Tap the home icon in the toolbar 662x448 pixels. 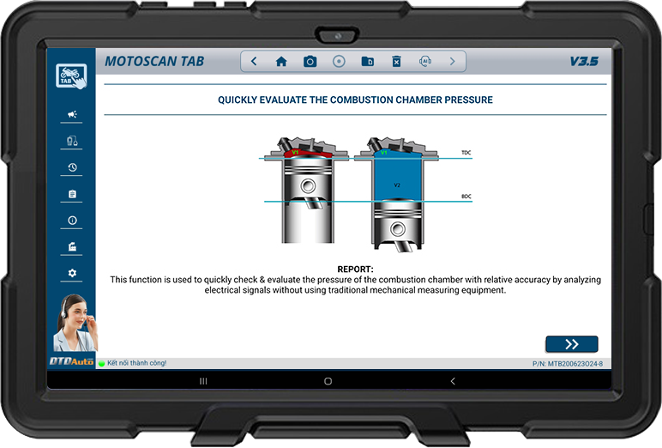[x=281, y=62]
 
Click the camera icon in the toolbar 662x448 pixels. [x=310, y=62]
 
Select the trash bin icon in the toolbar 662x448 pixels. [x=396, y=62]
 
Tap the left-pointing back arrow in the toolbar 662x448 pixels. [x=254, y=61]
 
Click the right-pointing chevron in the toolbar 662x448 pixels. [x=452, y=61]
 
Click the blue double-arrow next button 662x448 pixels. [x=572, y=344]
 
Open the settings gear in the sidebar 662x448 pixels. [x=72, y=273]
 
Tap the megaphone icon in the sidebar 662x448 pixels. [x=72, y=114]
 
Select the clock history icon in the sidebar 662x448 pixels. [x=72, y=167]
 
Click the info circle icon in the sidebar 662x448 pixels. [x=72, y=221]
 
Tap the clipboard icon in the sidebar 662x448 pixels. [x=72, y=194]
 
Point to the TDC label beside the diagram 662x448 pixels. [x=466, y=153]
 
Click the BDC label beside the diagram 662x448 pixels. [x=466, y=197]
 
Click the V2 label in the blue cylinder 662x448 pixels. [x=397, y=185]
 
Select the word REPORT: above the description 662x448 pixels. [x=355, y=269]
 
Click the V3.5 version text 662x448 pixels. [x=584, y=62]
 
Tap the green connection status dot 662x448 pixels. [x=101, y=364]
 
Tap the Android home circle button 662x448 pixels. [x=328, y=381]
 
